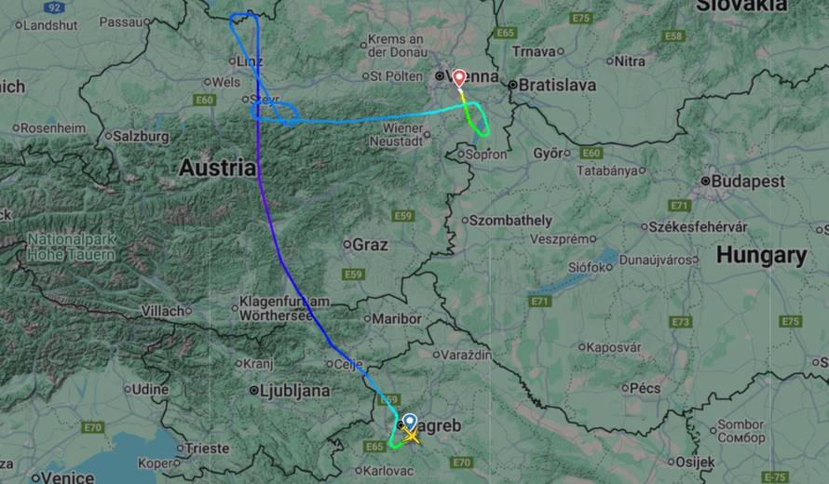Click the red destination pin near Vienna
[459, 78]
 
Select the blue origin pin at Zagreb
[410, 422]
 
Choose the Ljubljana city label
[293, 391]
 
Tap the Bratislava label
[556, 85]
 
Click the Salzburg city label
[141, 136]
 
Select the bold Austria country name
[216, 168]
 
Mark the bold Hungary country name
[761, 255]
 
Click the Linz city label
[251, 60]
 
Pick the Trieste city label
[206, 448]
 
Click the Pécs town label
[644, 387]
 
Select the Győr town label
[550, 153]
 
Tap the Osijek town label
[694, 461]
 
